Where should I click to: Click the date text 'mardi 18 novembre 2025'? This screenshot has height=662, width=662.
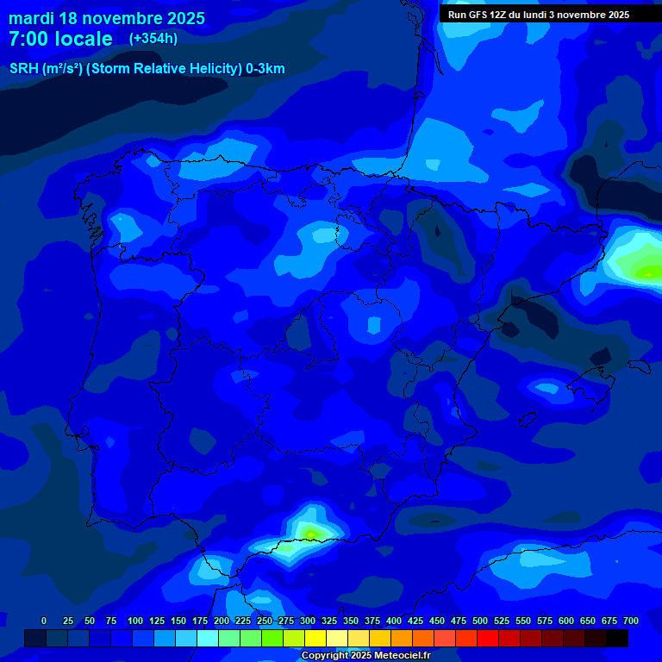click(107, 18)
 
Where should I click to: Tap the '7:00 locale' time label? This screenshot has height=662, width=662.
click(60, 39)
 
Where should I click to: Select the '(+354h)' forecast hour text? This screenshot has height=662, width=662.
click(153, 39)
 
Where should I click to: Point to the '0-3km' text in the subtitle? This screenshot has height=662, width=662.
click(265, 69)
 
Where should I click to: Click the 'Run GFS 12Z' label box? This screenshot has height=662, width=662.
click(539, 15)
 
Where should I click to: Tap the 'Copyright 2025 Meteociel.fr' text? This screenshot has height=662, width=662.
click(365, 656)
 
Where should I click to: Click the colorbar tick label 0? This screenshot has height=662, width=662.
click(44, 621)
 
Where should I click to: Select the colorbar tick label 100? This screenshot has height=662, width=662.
click(135, 621)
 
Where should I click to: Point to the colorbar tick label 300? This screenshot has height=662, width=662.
click(308, 621)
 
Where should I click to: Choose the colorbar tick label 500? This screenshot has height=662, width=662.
click(480, 621)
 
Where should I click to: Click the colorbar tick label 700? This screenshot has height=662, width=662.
click(631, 621)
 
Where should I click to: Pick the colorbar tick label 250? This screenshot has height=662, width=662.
click(265, 621)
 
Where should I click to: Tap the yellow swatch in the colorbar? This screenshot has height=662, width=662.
click(315, 638)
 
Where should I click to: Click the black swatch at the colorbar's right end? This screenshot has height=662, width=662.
click(617, 638)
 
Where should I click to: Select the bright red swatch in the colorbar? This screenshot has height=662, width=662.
click(488, 638)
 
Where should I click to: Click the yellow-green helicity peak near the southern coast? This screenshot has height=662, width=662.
click(309, 533)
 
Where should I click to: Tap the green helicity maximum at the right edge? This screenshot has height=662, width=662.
click(648, 272)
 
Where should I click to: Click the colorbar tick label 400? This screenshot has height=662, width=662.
click(394, 621)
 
